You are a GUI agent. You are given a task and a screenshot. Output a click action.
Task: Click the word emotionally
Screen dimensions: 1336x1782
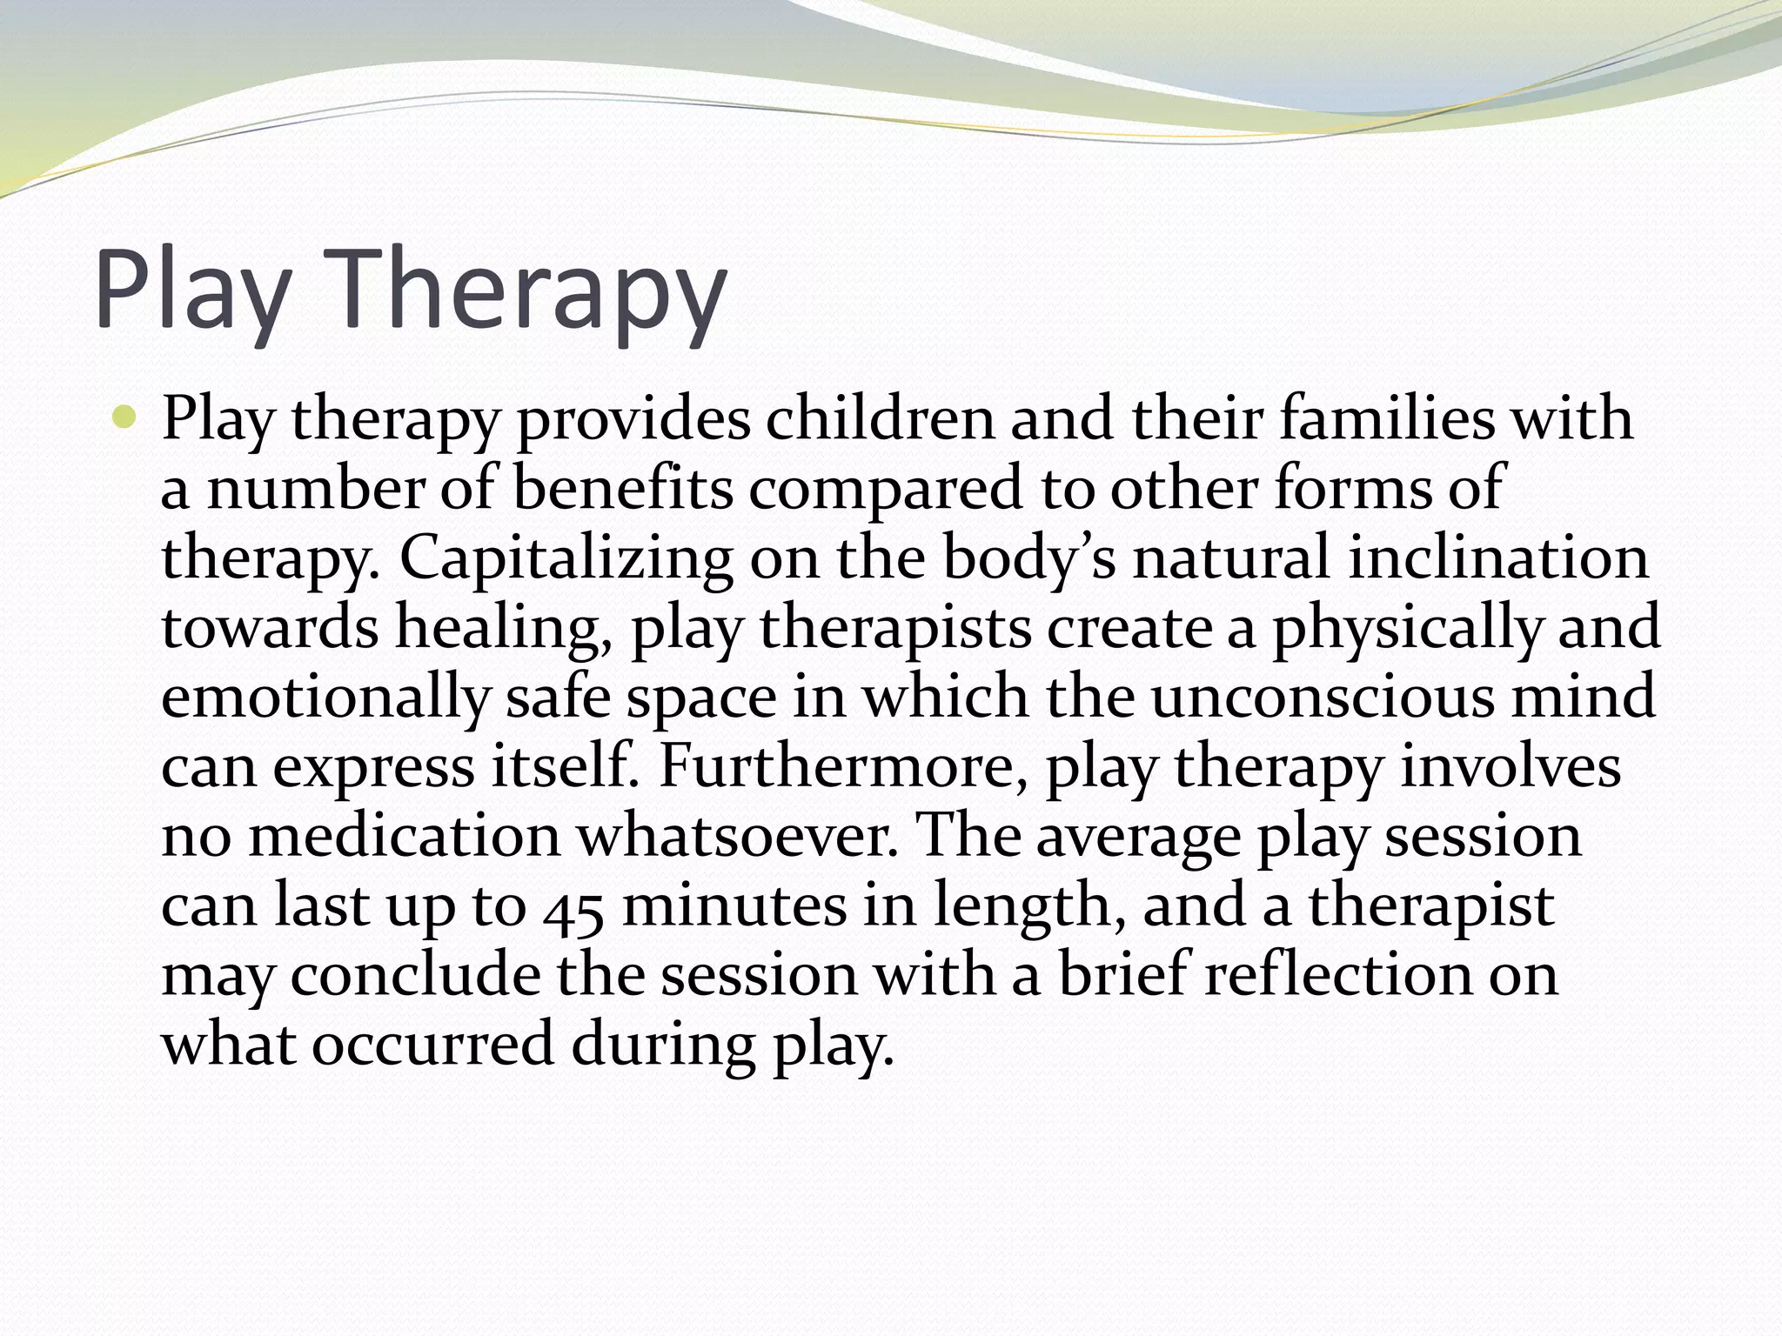325,698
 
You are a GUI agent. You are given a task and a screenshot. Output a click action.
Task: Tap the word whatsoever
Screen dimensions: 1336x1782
736,837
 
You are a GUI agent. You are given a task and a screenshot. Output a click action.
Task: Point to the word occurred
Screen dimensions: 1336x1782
432,1045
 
